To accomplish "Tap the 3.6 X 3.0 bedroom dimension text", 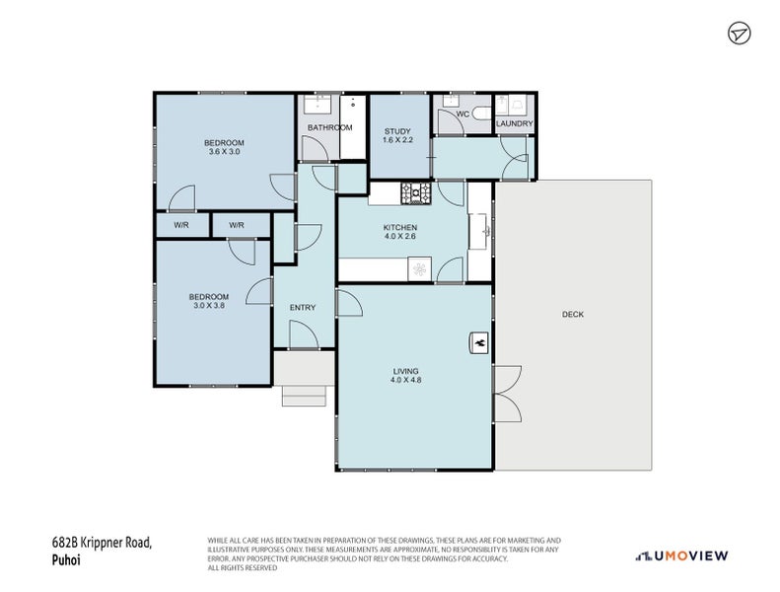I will click(x=225, y=152).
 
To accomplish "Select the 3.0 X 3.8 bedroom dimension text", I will click(x=209, y=306).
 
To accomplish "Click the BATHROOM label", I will click(x=329, y=128).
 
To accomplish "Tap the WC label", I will click(x=461, y=114).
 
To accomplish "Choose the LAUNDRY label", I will click(x=514, y=124).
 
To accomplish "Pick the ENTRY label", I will click(x=303, y=308).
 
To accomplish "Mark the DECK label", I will click(x=573, y=315).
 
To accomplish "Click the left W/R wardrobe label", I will click(x=181, y=226).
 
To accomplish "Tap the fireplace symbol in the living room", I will click(x=479, y=341).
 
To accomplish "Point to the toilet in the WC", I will click(x=481, y=114).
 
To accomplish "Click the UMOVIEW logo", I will click(x=682, y=555).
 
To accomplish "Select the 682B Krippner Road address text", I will click(x=102, y=542).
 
